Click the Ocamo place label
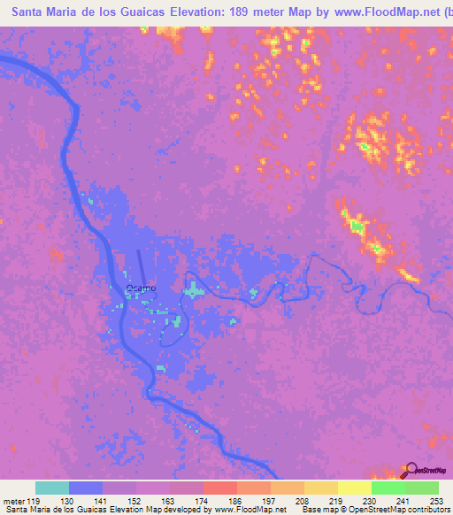[141, 288]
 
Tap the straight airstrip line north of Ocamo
[142, 266]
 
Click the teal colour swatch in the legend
[52, 488]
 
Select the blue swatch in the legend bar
[86, 488]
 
